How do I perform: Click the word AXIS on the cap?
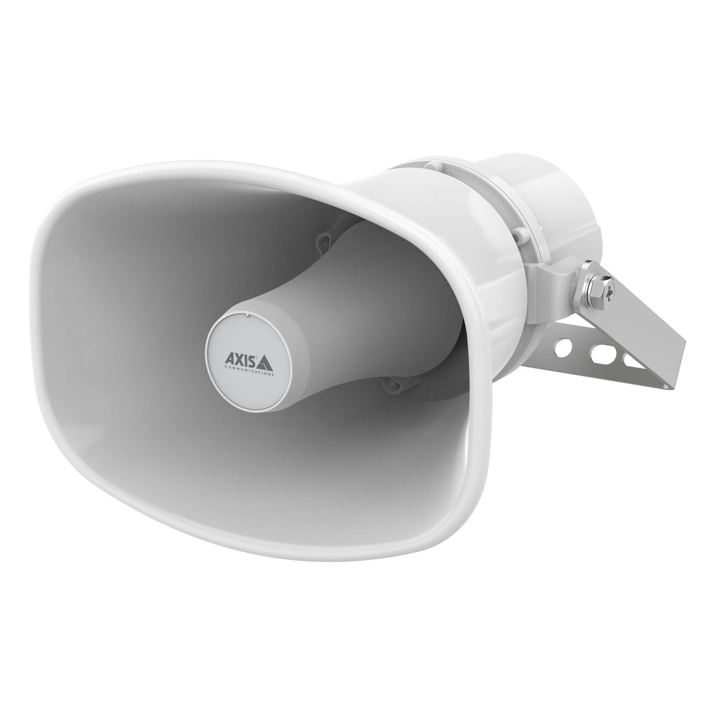point(240,359)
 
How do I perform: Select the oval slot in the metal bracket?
point(596,352)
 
